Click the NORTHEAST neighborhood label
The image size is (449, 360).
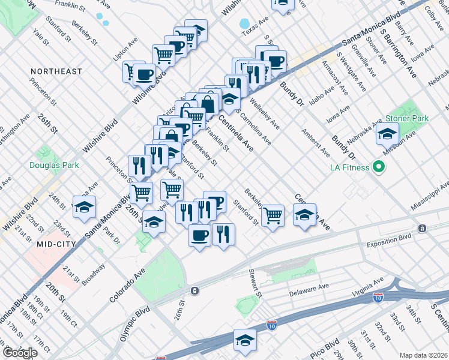56,71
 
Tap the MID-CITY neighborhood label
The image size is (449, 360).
55,244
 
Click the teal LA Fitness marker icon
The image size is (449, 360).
379,167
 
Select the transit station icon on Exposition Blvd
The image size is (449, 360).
423,228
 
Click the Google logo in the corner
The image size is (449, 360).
19,353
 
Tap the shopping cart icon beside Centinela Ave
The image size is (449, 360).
273,215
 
